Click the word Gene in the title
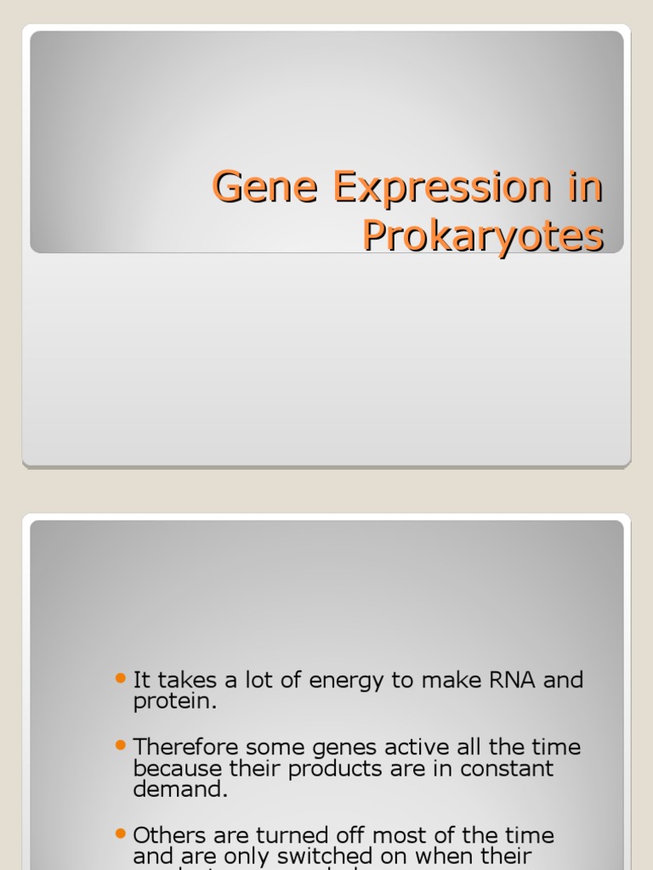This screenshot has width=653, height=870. [251, 187]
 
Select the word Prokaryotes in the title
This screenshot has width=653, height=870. [483, 235]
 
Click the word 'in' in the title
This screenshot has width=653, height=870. [586, 187]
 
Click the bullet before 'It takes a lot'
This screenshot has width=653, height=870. [120, 678]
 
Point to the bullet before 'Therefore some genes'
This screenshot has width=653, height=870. [120, 745]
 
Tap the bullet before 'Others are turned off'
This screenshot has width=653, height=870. [120, 833]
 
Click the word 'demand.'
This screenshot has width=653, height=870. [180, 789]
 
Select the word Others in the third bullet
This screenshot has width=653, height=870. [173, 836]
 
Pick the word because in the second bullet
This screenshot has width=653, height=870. [179, 769]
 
